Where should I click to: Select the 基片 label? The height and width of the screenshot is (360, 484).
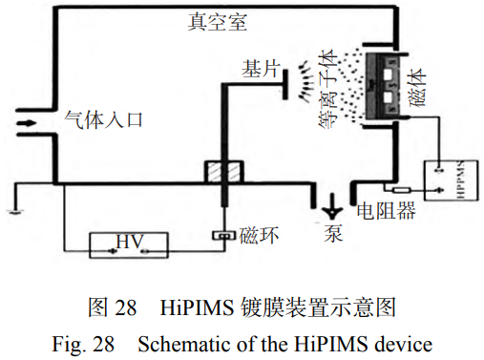[x=261, y=69]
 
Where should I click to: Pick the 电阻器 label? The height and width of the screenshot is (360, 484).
[x=385, y=212]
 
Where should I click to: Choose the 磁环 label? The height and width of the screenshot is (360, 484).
[x=259, y=235]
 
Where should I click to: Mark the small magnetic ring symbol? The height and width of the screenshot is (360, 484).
[x=222, y=236]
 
